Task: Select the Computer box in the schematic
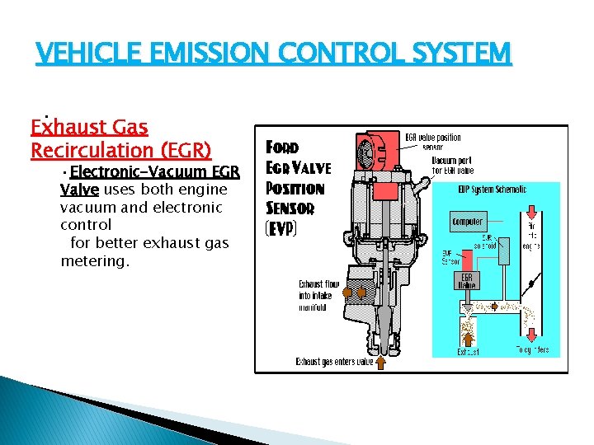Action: pyautogui.click(x=466, y=221)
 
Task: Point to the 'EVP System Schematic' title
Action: pyautogui.click(x=493, y=190)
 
